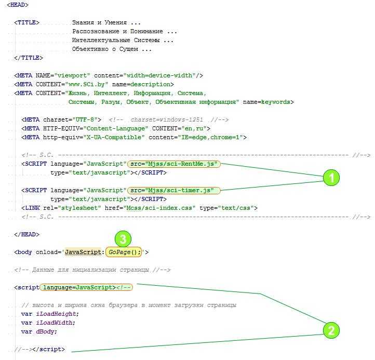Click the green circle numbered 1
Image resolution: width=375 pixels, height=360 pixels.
(331, 178)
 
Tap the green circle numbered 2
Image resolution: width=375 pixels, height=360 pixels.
(331, 329)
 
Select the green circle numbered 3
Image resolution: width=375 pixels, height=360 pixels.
(123, 239)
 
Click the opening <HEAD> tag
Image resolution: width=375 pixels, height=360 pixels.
(18, 5)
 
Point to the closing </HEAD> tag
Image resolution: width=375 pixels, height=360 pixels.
(27, 234)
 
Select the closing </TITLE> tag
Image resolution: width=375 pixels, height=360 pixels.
(29, 58)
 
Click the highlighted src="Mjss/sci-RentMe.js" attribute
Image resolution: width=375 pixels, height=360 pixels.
(175, 164)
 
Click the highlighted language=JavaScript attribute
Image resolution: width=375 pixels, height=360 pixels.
(78, 287)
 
